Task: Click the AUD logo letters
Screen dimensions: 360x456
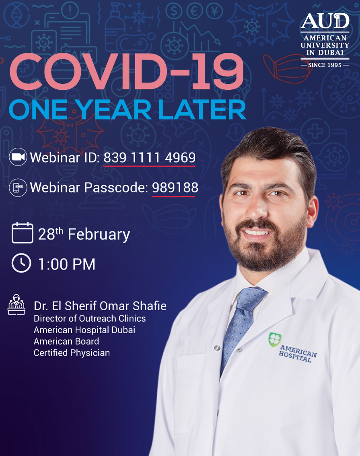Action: [325, 21]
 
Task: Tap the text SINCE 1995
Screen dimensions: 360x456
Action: [325, 65]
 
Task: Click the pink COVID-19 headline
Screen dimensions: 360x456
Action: [126, 72]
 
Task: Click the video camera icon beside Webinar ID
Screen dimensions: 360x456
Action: [18, 157]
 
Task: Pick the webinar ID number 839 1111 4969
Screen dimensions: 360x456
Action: [149, 158]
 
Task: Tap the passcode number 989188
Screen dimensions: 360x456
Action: [175, 187]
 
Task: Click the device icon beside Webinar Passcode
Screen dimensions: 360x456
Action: [18, 188]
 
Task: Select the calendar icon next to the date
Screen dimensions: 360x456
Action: [23, 233]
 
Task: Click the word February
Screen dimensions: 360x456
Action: [99, 235]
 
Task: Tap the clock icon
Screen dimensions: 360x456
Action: [21, 263]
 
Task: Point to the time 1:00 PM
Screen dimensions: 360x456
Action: [66, 264]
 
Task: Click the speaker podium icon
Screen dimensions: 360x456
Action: [16, 305]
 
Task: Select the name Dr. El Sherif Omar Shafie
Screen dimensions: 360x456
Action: [100, 306]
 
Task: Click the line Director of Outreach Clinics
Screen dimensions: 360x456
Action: [90, 318]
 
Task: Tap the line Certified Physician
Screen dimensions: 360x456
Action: [72, 353]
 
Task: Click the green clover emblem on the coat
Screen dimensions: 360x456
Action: [275, 339]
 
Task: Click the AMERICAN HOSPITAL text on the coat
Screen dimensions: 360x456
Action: [298, 354]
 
